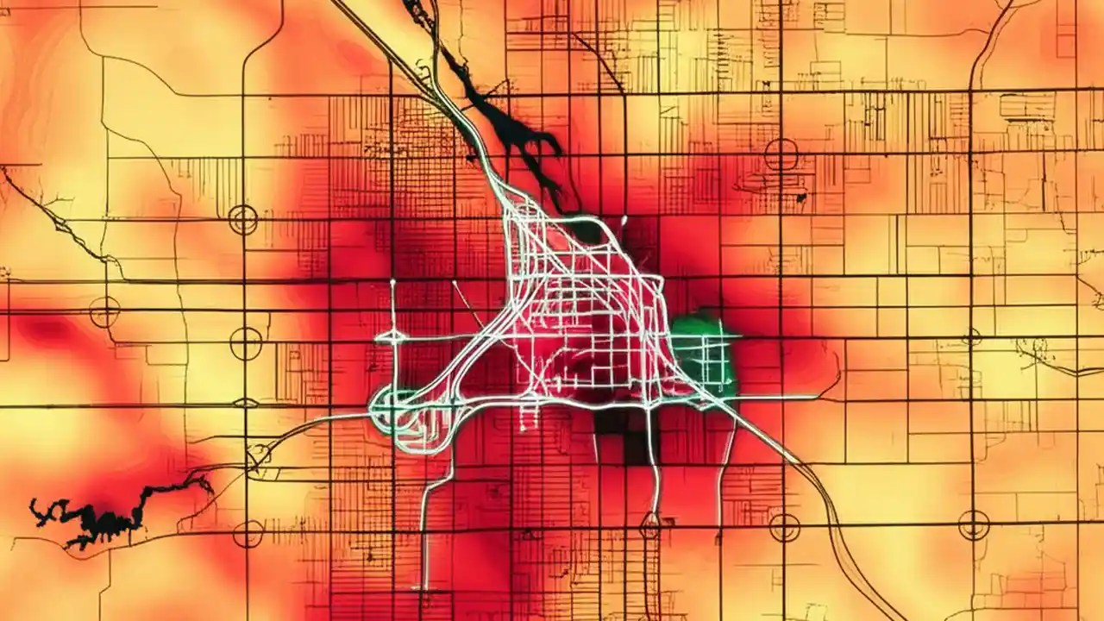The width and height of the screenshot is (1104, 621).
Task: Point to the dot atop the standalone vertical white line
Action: (x=392, y=282)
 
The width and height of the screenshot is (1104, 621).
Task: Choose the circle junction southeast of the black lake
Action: (x=248, y=534)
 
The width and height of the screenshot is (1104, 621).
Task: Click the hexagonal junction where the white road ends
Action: (x=650, y=521)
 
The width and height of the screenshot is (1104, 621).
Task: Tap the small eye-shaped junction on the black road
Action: (x=246, y=403)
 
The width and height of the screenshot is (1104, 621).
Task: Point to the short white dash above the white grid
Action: (x=623, y=221)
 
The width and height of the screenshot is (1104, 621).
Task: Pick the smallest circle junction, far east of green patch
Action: (x=972, y=337)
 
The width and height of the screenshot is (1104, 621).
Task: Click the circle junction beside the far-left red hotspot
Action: (x=104, y=311)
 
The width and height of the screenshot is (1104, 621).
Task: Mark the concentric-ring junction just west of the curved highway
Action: (x=784, y=526)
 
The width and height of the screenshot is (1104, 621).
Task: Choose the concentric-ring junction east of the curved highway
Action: (x=974, y=524)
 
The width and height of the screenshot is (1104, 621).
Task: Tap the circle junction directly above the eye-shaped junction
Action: (x=246, y=343)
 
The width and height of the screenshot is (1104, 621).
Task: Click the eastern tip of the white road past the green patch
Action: (x=815, y=398)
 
